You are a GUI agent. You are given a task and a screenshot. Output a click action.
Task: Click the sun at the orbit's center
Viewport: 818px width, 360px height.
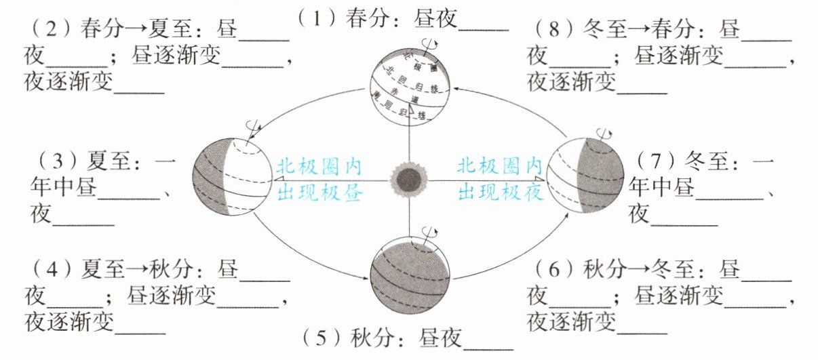(x=409, y=180)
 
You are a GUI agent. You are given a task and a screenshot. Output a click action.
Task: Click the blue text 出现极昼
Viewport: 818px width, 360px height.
(x=320, y=193)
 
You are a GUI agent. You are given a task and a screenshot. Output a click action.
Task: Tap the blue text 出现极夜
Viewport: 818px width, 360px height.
(x=500, y=193)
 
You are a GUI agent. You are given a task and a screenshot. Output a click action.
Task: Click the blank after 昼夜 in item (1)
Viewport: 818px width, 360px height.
(x=483, y=20)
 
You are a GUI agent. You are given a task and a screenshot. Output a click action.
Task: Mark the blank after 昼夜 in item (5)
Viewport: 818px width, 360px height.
(x=488, y=339)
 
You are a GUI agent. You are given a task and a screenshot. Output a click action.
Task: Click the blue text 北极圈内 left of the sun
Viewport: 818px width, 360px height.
(x=319, y=167)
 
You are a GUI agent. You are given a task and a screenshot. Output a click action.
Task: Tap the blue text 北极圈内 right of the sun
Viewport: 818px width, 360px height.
(x=500, y=167)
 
